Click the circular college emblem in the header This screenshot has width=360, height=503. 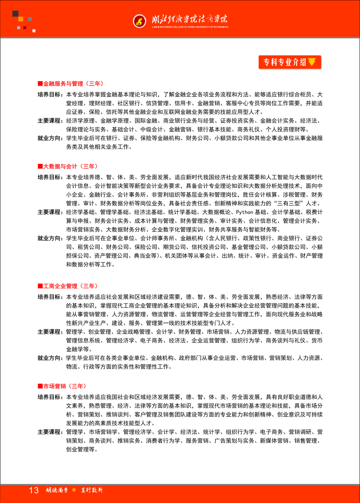tap(139, 21)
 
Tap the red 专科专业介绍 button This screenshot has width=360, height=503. tap(289, 62)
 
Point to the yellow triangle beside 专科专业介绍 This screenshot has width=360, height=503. tap(312, 62)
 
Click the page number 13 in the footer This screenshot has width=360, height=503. tap(34, 490)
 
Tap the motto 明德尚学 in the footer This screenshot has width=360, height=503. tap(57, 490)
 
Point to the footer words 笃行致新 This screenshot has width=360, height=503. tap(92, 490)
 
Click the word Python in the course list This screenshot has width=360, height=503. tap(245, 212)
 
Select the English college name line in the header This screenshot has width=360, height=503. tap(190, 27)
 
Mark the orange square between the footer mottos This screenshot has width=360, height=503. tap(74, 490)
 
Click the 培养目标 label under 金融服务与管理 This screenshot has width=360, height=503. tap(50, 95)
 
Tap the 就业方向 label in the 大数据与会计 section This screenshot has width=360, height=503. tap(50, 238)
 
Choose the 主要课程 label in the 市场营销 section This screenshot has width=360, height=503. tap(50, 432)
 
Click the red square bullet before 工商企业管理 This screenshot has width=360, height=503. tap(40, 286)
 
